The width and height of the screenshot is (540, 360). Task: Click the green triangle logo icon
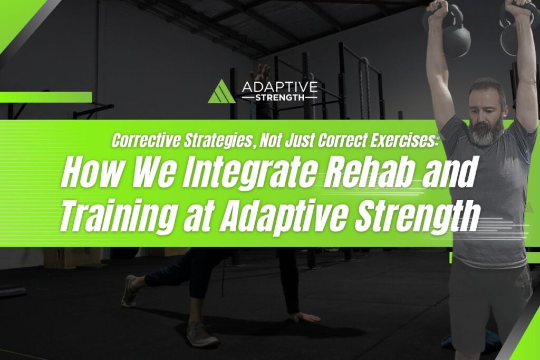click(222, 92)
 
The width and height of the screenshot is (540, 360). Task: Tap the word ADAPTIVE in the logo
click(279, 87)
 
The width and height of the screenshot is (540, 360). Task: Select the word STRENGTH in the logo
click(279, 98)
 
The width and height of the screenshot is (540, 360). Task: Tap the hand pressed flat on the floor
click(305, 317)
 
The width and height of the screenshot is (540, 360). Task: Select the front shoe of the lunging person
click(202, 333)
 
